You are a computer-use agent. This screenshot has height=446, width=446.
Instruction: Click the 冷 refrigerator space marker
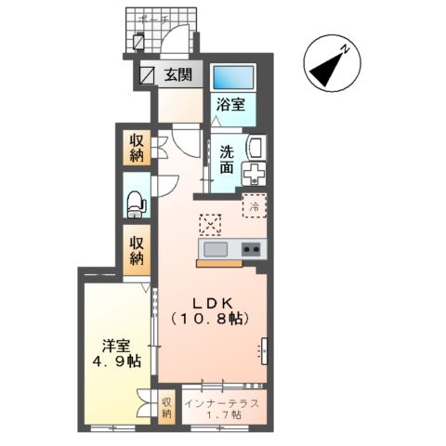click(254, 206)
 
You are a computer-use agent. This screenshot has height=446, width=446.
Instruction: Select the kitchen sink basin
click(215, 249)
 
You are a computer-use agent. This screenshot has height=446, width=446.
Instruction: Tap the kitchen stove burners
click(251, 249)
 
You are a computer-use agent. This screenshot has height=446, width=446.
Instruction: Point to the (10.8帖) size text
click(211, 319)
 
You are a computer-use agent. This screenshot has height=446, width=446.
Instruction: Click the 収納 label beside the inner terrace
click(167, 408)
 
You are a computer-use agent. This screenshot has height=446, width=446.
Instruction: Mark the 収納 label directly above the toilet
click(136, 149)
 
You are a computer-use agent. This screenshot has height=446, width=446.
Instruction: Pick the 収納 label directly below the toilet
click(137, 251)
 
